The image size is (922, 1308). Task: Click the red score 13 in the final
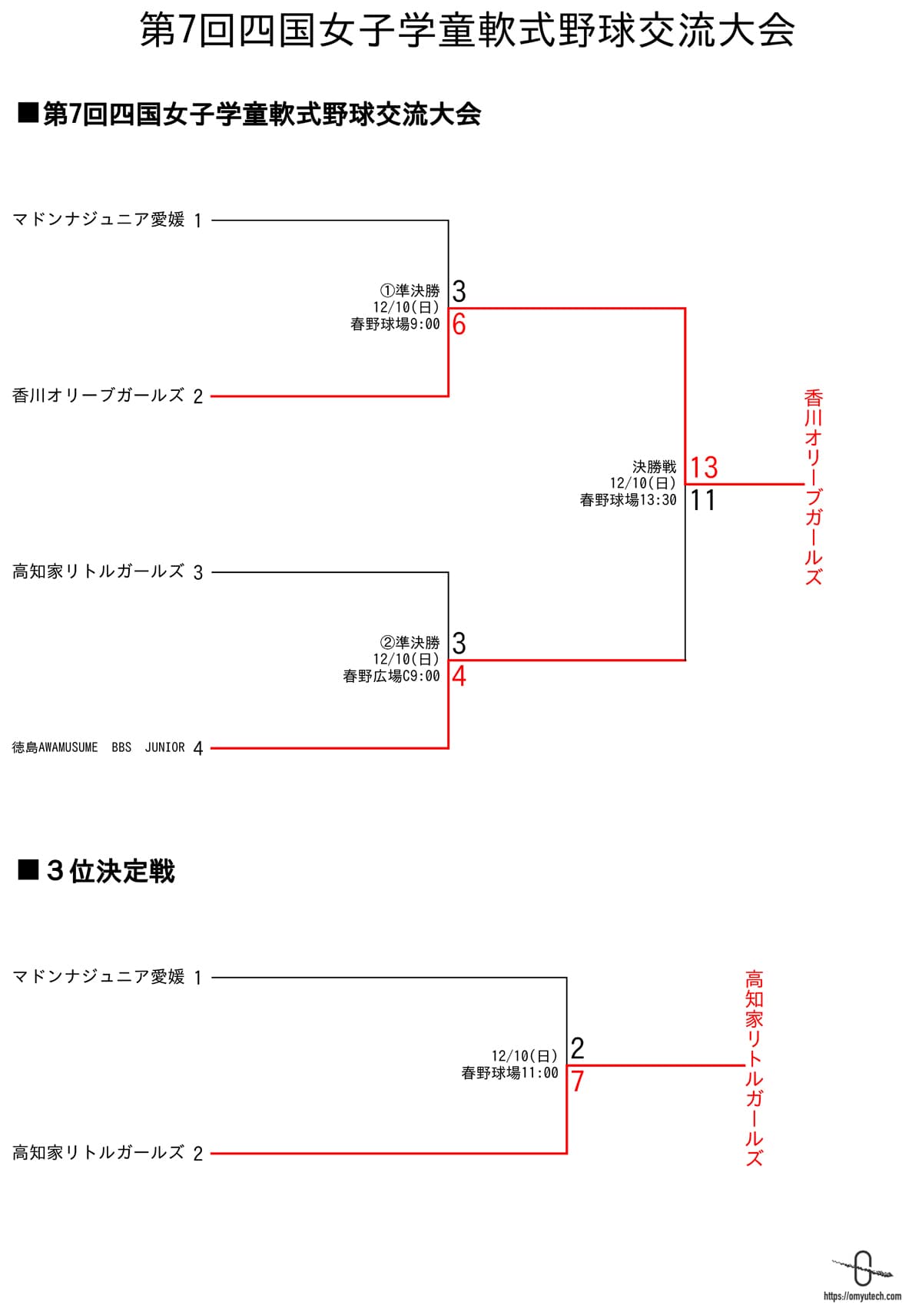click(704, 467)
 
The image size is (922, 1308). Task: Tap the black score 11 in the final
click(703, 500)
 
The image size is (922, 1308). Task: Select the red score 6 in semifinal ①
click(459, 324)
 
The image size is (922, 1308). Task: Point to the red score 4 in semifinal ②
click(459, 676)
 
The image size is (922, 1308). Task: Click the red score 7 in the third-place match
click(578, 1081)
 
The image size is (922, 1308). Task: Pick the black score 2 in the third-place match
click(578, 1048)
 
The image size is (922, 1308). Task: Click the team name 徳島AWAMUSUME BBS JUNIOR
click(98, 747)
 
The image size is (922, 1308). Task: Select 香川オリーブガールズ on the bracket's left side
click(98, 396)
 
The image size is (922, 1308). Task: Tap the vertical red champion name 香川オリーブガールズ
click(814, 488)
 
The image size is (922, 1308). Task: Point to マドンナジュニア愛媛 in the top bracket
click(98, 220)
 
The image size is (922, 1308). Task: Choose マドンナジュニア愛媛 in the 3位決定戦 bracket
click(98, 977)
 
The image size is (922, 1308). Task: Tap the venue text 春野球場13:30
click(628, 500)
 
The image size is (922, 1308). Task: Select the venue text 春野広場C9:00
click(391, 676)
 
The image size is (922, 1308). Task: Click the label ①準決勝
click(410, 291)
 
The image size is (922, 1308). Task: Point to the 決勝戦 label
click(654, 466)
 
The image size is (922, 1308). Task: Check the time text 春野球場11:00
click(509, 1073)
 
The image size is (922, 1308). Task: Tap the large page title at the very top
click(467, 32)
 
